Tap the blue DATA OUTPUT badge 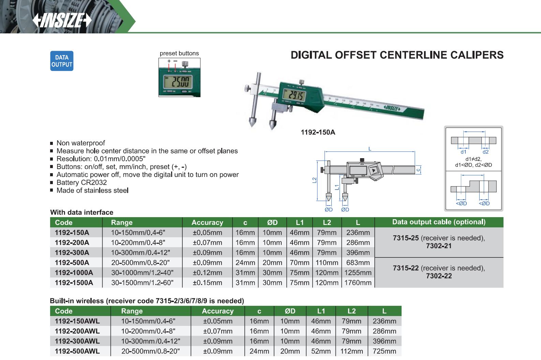[62, 61]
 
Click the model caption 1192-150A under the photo [318, 132]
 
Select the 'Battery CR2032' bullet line [81, 182]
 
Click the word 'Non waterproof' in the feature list [80, 143]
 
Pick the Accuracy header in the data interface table [207, 223]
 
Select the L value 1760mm [358, 283]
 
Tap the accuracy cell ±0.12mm [207, 272]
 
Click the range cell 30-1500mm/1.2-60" [142, 283]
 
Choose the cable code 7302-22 [439, 276]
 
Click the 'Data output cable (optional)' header [439, 222]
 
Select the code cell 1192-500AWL [77, 351]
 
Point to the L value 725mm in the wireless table [384, 351]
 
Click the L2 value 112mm [351, 351]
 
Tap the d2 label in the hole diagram [485, 152]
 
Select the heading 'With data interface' [81, 212]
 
